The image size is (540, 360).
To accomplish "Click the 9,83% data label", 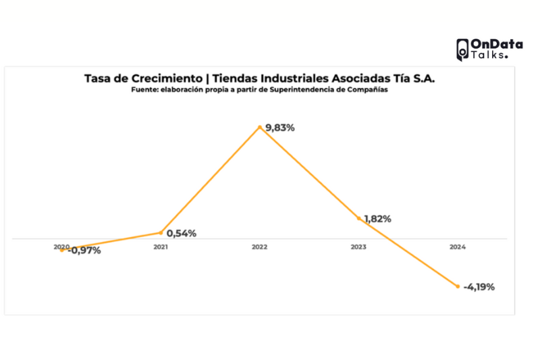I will [x=280, y=128].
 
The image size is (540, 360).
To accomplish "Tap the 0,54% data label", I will [x=182, y=234].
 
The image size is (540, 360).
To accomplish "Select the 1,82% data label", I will [x=377, y=219].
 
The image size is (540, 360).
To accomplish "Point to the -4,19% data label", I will [x=479, y=287].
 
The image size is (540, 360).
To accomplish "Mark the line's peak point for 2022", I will [x=259, y=126].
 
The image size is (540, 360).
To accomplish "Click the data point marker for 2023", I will [x=358, y=218].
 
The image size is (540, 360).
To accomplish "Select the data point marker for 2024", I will [x=457, y=286].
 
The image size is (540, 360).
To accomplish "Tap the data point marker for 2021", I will [x=161, y=233].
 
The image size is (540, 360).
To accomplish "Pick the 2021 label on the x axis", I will [x=161, y=247].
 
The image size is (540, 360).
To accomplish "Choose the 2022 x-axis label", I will [x=259, y=247].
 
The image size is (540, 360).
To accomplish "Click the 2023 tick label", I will [x=358, y=247].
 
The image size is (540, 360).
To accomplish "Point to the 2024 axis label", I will [x=457, y=247].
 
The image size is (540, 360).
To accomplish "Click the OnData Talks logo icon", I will [x=462, y=49].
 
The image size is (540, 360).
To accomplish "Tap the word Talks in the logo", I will [x=487, y=55].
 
